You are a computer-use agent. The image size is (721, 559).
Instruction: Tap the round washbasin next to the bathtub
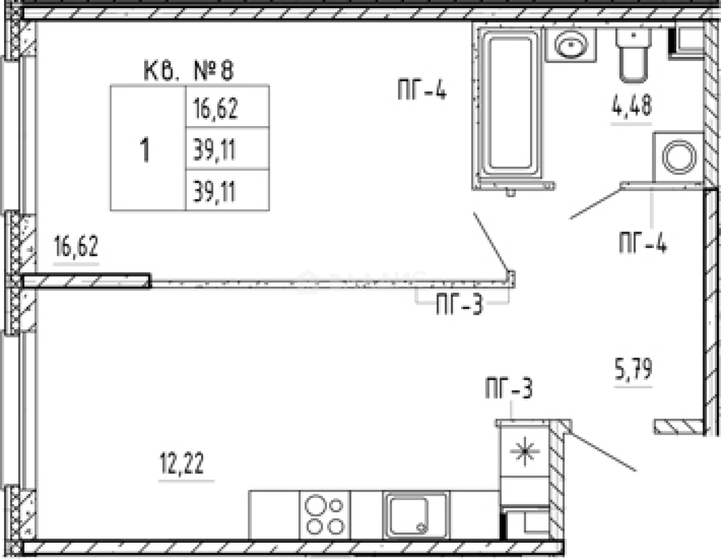click(x=571, y=45)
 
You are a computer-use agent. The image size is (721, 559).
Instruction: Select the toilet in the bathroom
click(x=634, y=55)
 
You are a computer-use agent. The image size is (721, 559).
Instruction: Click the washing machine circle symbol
click(x=679, y=157)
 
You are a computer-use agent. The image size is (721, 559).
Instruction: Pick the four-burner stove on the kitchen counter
click(x=324, y=515)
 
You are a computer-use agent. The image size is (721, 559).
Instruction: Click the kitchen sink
click(x=416, y=515)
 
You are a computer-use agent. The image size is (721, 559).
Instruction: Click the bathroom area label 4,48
click(x=632, y=105)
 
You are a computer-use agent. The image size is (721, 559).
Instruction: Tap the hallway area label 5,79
click(x=634, y=368)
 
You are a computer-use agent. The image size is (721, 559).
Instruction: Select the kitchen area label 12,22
click(x=182, y=463)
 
